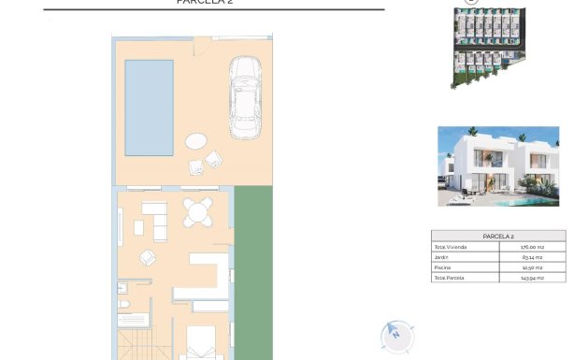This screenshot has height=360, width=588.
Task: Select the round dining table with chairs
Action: pos(197,213)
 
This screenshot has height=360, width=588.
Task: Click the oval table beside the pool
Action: pos(197,142)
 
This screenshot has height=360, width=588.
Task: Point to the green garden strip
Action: pos(253,271)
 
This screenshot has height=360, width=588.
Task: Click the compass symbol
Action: pos(397,334)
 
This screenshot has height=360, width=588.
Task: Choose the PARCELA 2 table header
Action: pos(498,236)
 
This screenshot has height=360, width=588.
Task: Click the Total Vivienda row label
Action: pos(451,247)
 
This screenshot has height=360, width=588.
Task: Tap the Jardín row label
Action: pos(441,257)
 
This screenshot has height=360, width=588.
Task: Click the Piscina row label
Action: pos(442,267)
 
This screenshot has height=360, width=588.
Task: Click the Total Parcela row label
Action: pos(449,278)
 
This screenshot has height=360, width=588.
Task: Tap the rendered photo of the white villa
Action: pos(498,166)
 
